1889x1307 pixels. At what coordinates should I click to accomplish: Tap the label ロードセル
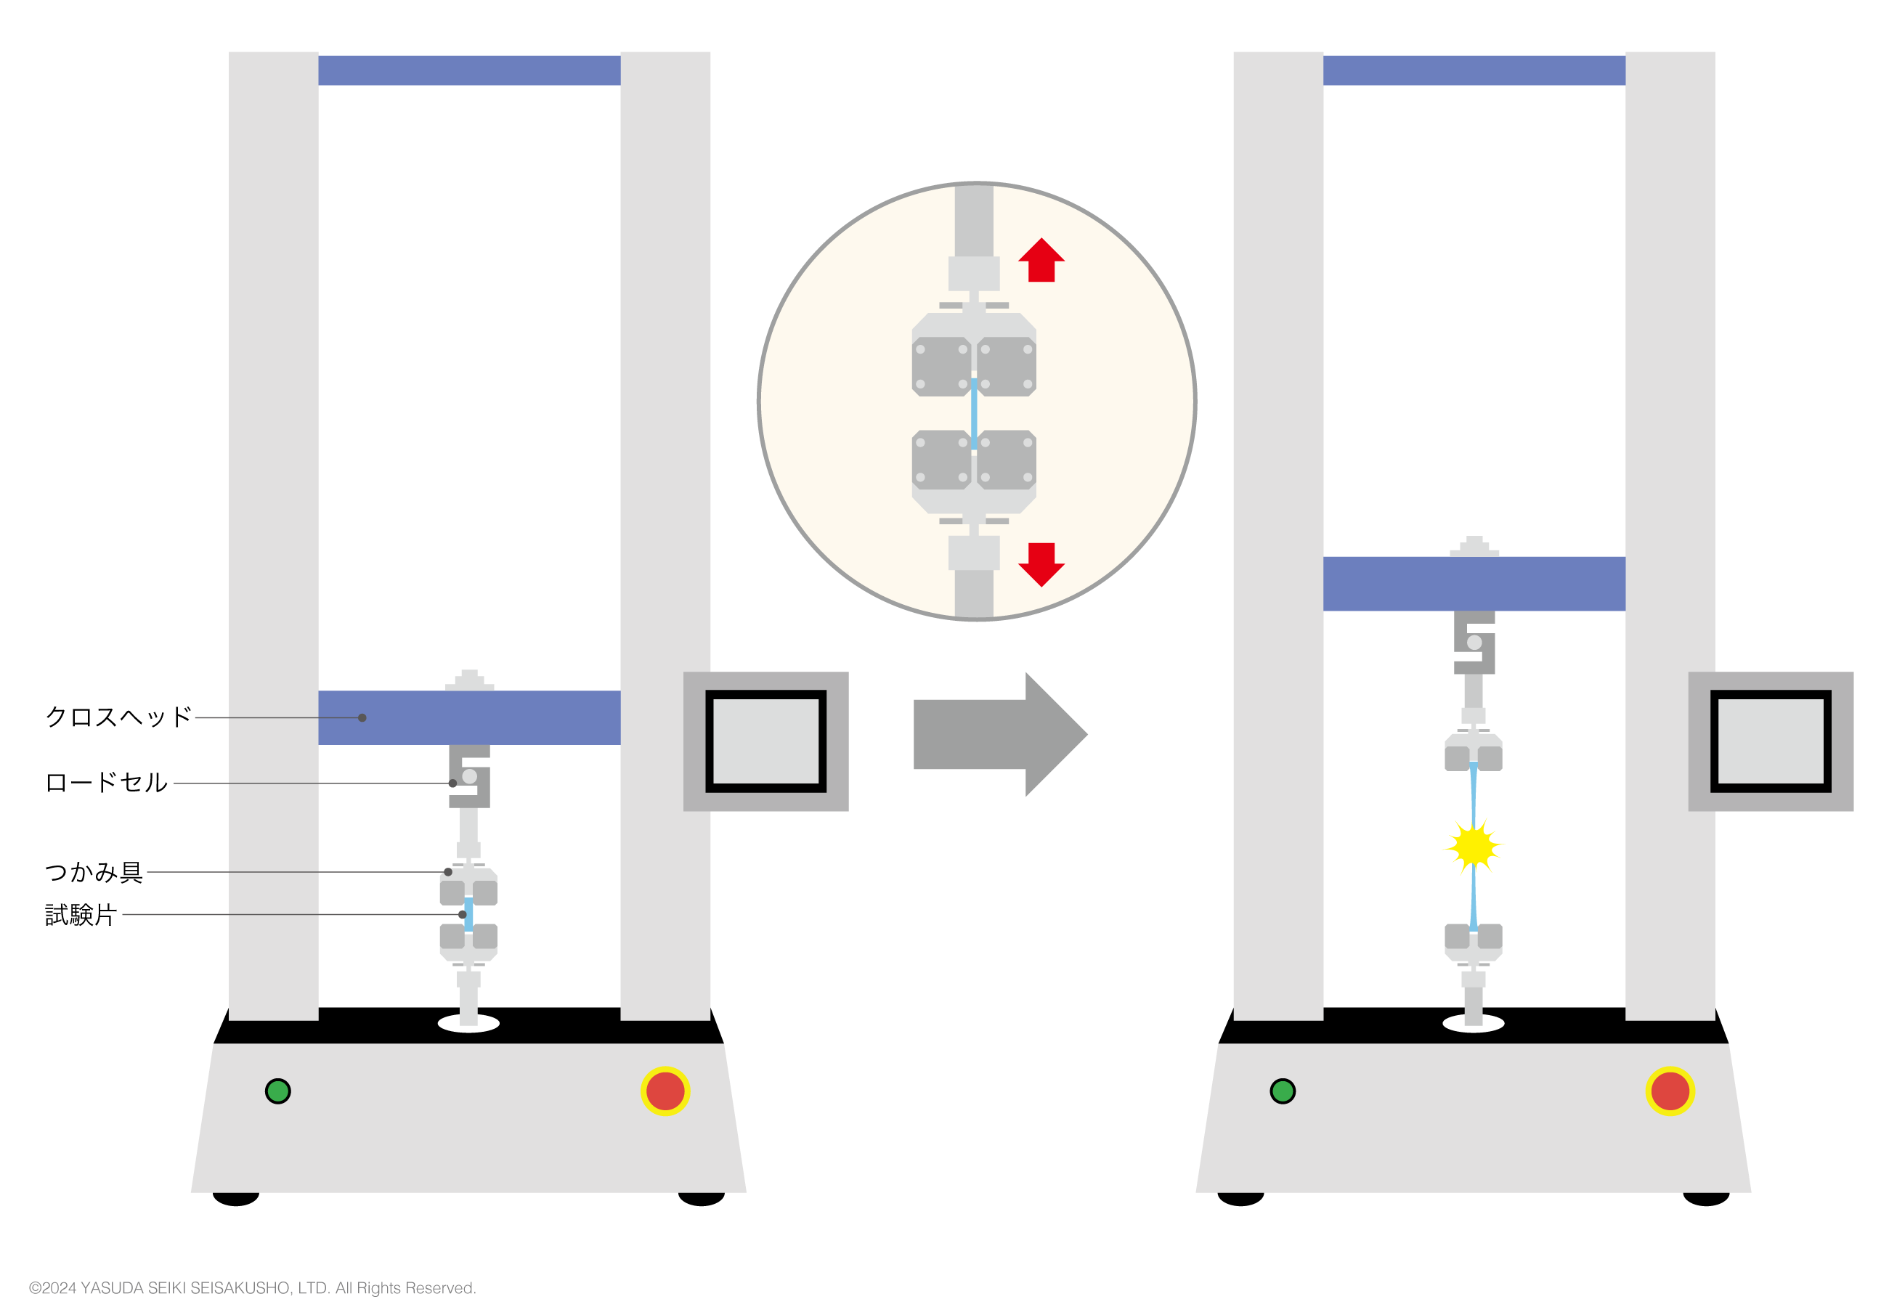point(107,782)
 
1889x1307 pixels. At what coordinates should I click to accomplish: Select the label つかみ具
point(94,872)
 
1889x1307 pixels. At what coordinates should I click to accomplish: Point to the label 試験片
point(81,915)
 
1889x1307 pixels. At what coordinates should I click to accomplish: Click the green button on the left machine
point(277,1091)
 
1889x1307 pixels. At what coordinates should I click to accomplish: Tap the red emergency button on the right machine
point(1670,1091)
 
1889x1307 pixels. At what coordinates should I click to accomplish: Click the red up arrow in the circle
point(1041,260)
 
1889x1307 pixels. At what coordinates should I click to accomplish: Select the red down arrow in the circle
point(1041,564)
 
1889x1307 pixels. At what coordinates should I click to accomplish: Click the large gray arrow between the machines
point(1000,734)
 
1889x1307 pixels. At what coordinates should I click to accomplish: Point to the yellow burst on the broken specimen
point(1473,846)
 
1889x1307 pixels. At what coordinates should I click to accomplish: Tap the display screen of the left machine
point(766,741)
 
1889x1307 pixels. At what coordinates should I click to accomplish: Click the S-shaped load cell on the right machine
point(1474,642)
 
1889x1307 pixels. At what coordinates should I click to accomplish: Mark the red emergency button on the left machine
point(665,1091)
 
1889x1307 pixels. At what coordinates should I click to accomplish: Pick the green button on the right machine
point(1282,1091)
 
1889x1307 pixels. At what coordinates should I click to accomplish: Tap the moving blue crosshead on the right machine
point(1474,583)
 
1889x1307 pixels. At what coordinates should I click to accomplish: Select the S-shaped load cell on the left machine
point(469,775)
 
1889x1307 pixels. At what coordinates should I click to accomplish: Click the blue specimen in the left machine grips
point(468,914)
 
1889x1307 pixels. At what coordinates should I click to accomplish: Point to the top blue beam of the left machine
point(469,70)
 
